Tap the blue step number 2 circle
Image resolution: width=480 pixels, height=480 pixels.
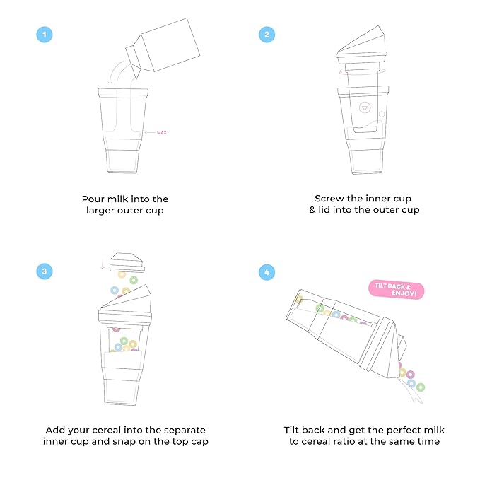(x=267, y=35)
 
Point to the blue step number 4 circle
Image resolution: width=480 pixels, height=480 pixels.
(x=267, y=271)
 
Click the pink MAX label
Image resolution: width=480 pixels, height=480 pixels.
(x=161, y=132)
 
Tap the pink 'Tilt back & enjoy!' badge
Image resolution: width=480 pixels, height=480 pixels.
(x=397, y=289)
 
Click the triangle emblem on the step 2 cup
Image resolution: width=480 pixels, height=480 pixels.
(x=364, y=107)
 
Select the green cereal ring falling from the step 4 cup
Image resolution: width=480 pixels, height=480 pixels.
(x=421, y=387)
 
